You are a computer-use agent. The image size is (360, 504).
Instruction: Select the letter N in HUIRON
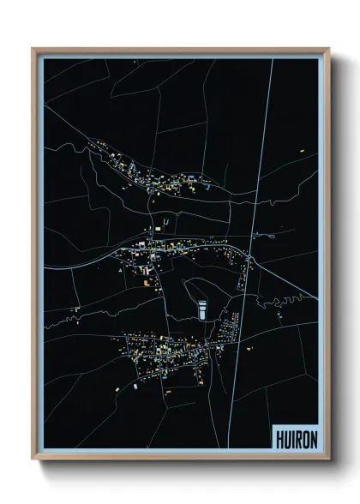coord(311,436)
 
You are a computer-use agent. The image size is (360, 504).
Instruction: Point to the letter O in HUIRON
coord(303,436)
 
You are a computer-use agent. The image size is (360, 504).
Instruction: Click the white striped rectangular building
coord(202,309)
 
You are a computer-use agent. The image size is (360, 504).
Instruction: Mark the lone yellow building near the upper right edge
coord(303,151)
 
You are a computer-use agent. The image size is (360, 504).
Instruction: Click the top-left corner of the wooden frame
coord(34,50)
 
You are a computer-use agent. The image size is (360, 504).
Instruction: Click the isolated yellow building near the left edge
coord(76,309)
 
